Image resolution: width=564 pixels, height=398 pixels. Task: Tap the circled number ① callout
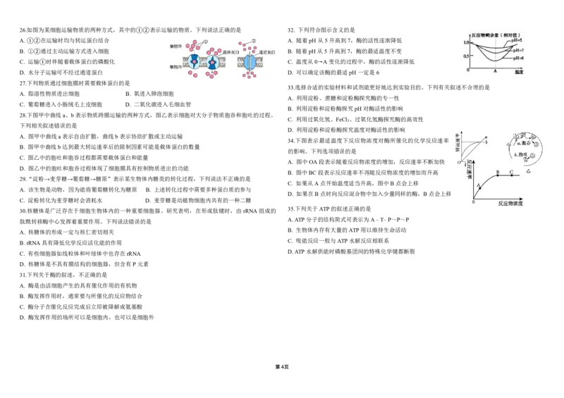(206, 41)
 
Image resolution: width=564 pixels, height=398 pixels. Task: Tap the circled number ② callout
(254, 39)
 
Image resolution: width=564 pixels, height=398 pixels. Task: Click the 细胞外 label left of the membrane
(176, 46)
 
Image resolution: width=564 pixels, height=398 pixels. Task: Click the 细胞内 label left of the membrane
(176, 68)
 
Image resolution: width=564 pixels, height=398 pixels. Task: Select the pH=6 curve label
(520, 58)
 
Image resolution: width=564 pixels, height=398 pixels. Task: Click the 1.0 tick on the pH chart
(466, 43)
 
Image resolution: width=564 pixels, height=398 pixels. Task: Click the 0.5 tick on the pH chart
(466, 56)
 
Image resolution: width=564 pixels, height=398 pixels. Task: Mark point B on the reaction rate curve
(498, 173)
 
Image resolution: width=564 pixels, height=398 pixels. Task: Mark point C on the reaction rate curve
(511, 173)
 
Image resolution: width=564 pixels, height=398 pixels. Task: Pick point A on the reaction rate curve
(479, 187)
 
